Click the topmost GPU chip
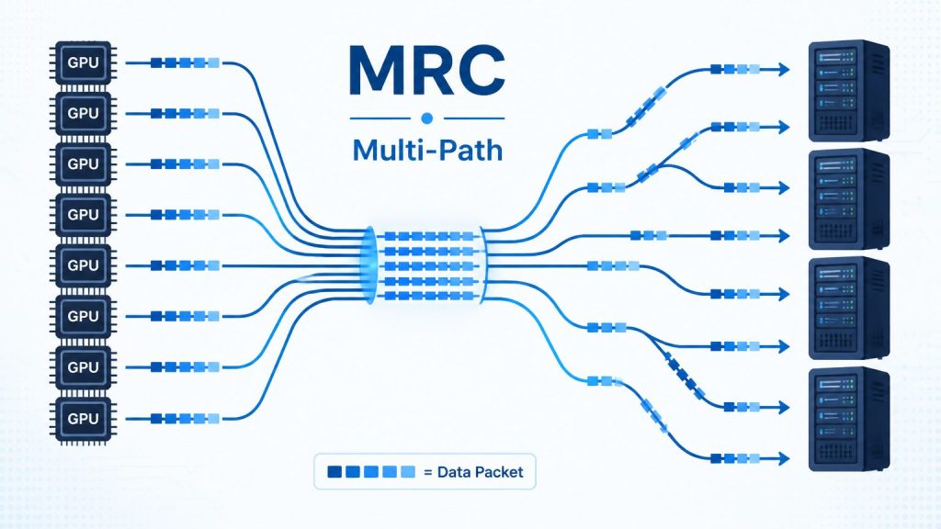click(x=83, y=62)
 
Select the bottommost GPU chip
click(x=83, y=419)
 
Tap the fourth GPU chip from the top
click(x=83, y=214)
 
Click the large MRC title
click(x=426, y=70)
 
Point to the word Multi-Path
click(x=427, y=150)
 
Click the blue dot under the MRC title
click(x=426, y=118)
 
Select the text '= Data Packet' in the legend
click(x=473, y=472)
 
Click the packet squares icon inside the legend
click(x=371, y=471)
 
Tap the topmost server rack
click(x=848, y=90)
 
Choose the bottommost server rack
click(x=848, y=419)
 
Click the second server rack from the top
click(x=848, y=199)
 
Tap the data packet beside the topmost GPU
click(x=186, y=62)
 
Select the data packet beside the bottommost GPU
click(x=186, y=419)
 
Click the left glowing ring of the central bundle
click(x=368, y=265)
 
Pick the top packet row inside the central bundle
click(x=429, y=236)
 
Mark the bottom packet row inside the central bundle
click(x=429, y=295)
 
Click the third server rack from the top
click(x=848, y=308)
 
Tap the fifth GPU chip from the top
click(x=83, y=265)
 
